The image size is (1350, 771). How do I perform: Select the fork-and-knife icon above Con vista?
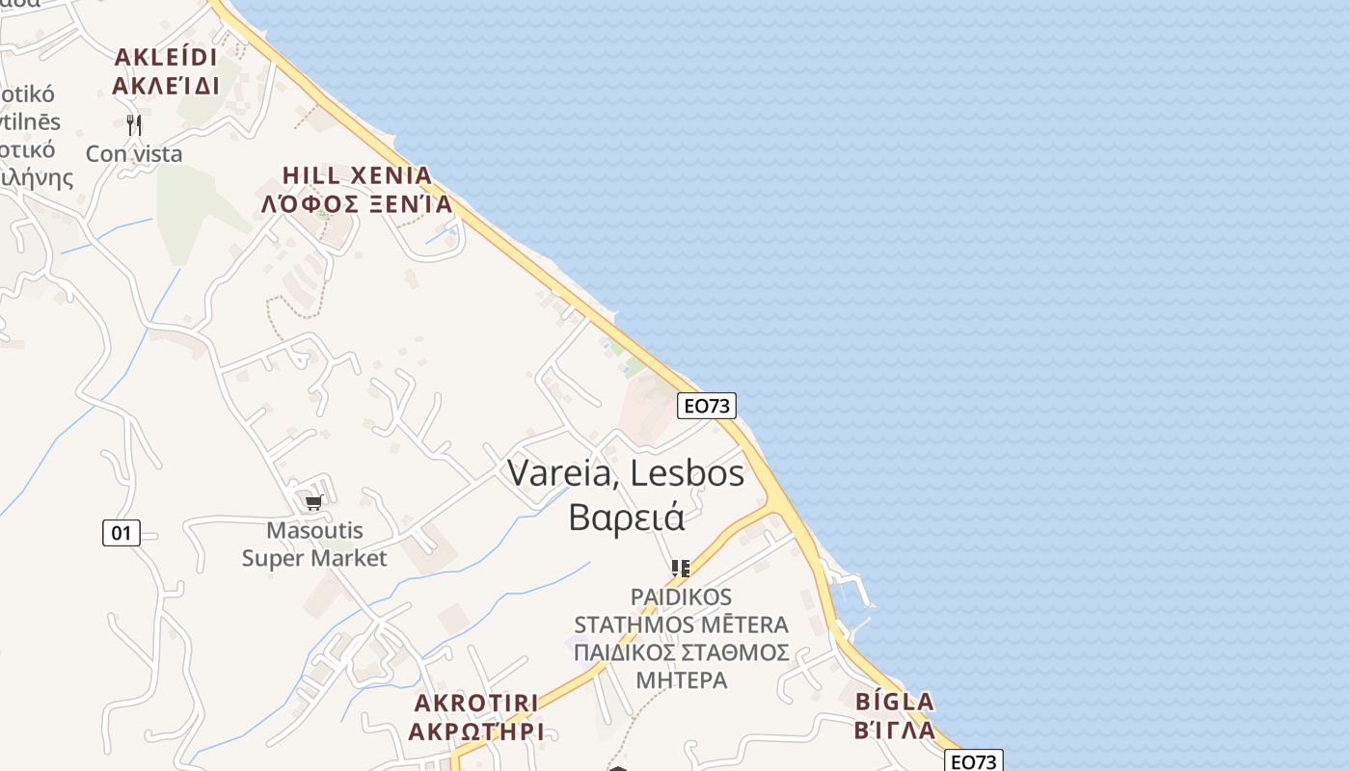click(134, 124)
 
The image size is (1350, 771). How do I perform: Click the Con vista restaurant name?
click(134, 153)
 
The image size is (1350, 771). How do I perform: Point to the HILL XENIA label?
click(357, 175)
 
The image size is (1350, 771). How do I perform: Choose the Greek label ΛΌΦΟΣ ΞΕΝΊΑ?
click(357, 204)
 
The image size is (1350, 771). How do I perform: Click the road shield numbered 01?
click(121, 532)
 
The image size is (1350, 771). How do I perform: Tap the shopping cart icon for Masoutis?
click(313, 502)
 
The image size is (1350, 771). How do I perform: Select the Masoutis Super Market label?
click(313, 545)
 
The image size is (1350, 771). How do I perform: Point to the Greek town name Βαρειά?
click(627, 518)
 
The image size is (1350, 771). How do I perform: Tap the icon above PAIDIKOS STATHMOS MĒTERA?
click(681, 568)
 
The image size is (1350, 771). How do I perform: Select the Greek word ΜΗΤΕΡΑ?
click(681, 679)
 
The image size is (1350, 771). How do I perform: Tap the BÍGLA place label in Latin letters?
click(895, 701)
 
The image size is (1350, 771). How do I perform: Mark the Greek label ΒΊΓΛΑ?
click(895, 730)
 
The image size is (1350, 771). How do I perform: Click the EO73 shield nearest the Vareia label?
click(706, 406)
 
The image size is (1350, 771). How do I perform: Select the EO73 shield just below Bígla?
click(973, 761)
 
